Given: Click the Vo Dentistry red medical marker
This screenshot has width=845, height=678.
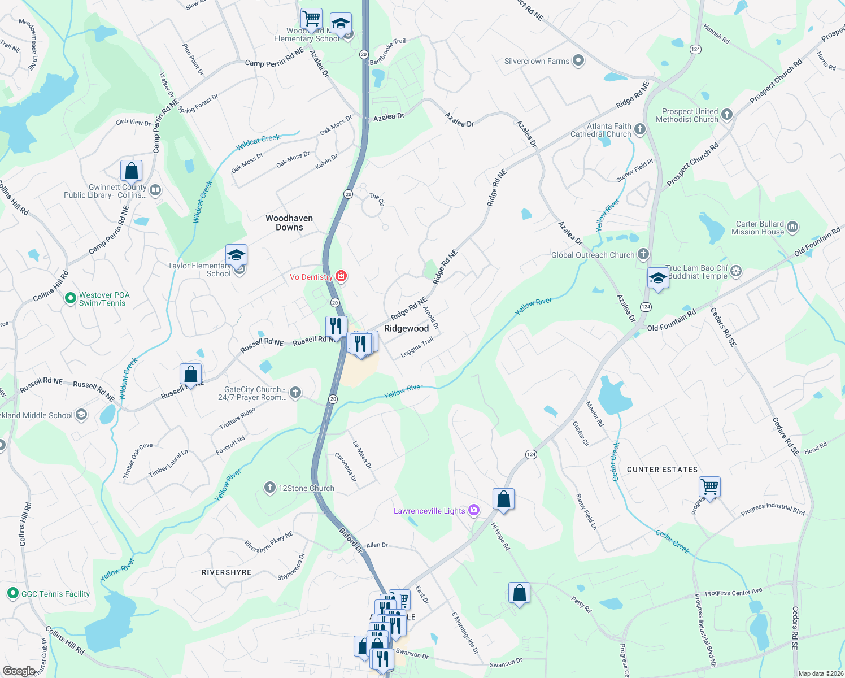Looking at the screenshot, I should click(x=341, y=276).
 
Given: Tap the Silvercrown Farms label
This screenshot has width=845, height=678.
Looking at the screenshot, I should click(x=537, y=61).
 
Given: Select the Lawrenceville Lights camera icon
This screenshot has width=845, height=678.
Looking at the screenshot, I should click(x=474, y=511).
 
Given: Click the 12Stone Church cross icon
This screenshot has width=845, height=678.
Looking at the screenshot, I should click(x=270, y=488).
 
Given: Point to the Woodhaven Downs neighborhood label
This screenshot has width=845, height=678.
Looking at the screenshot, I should click(x=289, y=223).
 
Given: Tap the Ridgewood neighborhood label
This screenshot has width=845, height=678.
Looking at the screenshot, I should click(x=407, y=328).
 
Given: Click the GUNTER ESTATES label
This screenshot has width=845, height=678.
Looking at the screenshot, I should click(x=662, y=470).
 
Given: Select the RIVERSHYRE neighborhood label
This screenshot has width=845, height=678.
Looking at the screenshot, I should click(x=227, y=572).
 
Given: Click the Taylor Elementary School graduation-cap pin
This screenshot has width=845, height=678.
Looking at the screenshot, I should click(x=236, y=255).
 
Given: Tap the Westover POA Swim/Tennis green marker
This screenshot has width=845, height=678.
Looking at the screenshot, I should click(x=71, y=298).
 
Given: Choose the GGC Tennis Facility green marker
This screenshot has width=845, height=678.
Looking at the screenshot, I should click(x=12, y=593).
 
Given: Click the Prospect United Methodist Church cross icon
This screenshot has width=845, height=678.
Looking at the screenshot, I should click(x=727, y=115).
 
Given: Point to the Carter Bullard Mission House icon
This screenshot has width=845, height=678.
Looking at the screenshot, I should click(x=792, y=227).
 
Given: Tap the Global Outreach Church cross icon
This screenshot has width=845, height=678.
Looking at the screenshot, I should click(x=643, y=254).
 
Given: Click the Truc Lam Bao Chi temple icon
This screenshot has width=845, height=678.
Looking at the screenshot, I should click(x=736, y=271).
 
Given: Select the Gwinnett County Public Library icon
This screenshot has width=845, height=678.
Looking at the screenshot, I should click(x=156, y=190).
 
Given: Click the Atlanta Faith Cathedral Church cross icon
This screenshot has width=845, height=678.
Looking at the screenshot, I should click(x=639, y=129).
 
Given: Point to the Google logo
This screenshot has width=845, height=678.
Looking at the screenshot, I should click(x=19, y=671).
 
